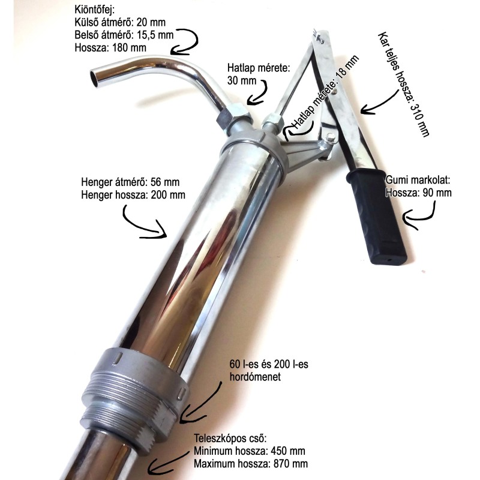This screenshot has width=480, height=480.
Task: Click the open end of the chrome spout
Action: click(x=95, y=78)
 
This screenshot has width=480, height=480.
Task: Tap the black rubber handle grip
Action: click(x=377, y=217)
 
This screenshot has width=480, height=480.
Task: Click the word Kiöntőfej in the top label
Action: click(x=94, y=10)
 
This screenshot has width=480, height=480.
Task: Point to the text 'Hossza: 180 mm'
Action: click(x=110, y=48)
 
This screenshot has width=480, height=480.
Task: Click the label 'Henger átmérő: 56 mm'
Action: click(x=130, y=182)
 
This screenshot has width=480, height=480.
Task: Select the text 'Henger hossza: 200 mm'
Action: click(x=133, y=195)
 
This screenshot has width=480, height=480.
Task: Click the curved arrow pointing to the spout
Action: click(x=185, y=42)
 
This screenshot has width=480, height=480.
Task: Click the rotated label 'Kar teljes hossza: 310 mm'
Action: click(x=404, y=84)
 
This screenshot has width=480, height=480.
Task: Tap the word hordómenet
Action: click(x=255, y=377)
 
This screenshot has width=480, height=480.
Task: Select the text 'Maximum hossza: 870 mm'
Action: click(x=251, y=463)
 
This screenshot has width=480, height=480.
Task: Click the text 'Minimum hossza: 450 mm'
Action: click(x=250, y=451)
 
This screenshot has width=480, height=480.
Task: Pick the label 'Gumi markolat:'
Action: click(x=418, y=180)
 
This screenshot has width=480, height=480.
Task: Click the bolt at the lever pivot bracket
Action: click(x=330, y=137)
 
